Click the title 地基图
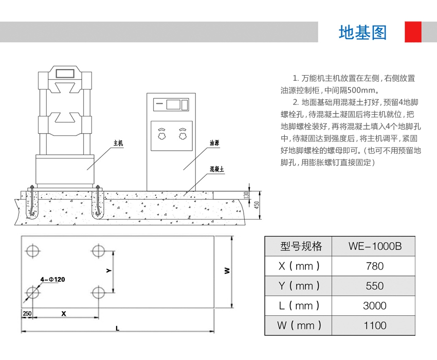tap(362, 32)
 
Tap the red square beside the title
tap(413, 32)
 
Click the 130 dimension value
tap(246, 195)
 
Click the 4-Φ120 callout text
tap(53, 279)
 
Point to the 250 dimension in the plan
tap(27, 313)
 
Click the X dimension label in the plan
tap(64, 313)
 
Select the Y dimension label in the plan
tap(108, 270)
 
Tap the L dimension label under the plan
tap(118, 328)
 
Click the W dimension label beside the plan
tap(227, 271)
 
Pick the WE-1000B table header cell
tap(374, 246)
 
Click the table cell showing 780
tap(374, 266)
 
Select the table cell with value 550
tap(374, 285)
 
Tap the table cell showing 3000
tap(374, 305)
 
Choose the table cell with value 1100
tap(374, 325)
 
